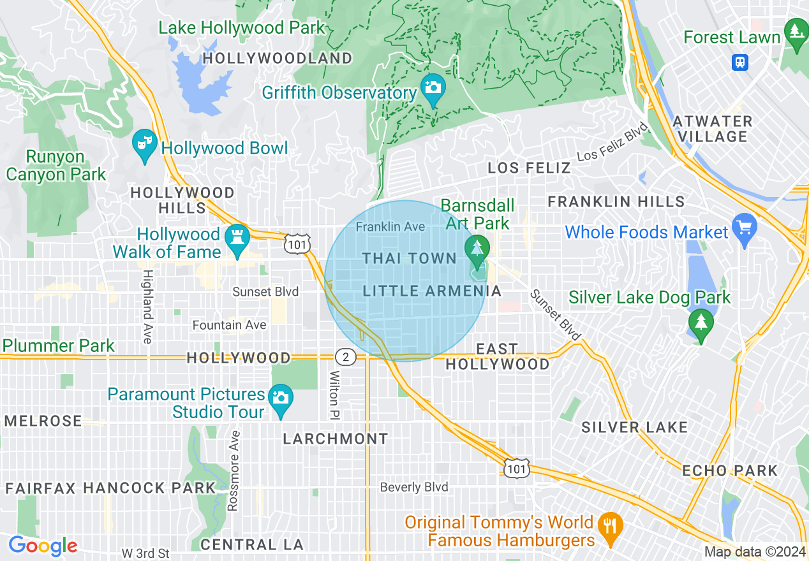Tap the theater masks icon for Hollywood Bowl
[144, 141]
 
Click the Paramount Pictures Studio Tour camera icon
[280, 397]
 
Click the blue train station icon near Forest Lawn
[740, 62]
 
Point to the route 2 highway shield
[345, 356]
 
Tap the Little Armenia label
[432, 291]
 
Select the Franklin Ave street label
[390, 226]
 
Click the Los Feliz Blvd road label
[613, 142]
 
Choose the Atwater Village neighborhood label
[713, 128]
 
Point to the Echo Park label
[730, 470]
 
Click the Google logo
[43, 546]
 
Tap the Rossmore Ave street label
[234, 471]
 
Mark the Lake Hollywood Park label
[242, 27]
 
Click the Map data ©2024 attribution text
[755, 551]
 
